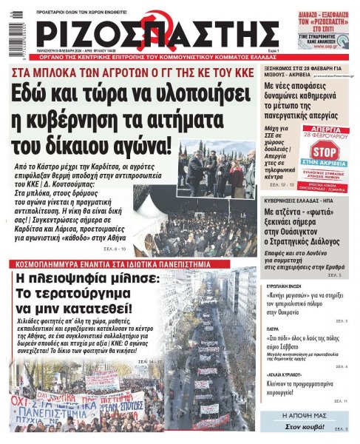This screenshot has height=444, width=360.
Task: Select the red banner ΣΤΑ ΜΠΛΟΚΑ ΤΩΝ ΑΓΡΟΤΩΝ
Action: click(x=131, y=73)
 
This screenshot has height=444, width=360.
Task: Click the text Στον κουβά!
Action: click(x=304, y=428)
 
